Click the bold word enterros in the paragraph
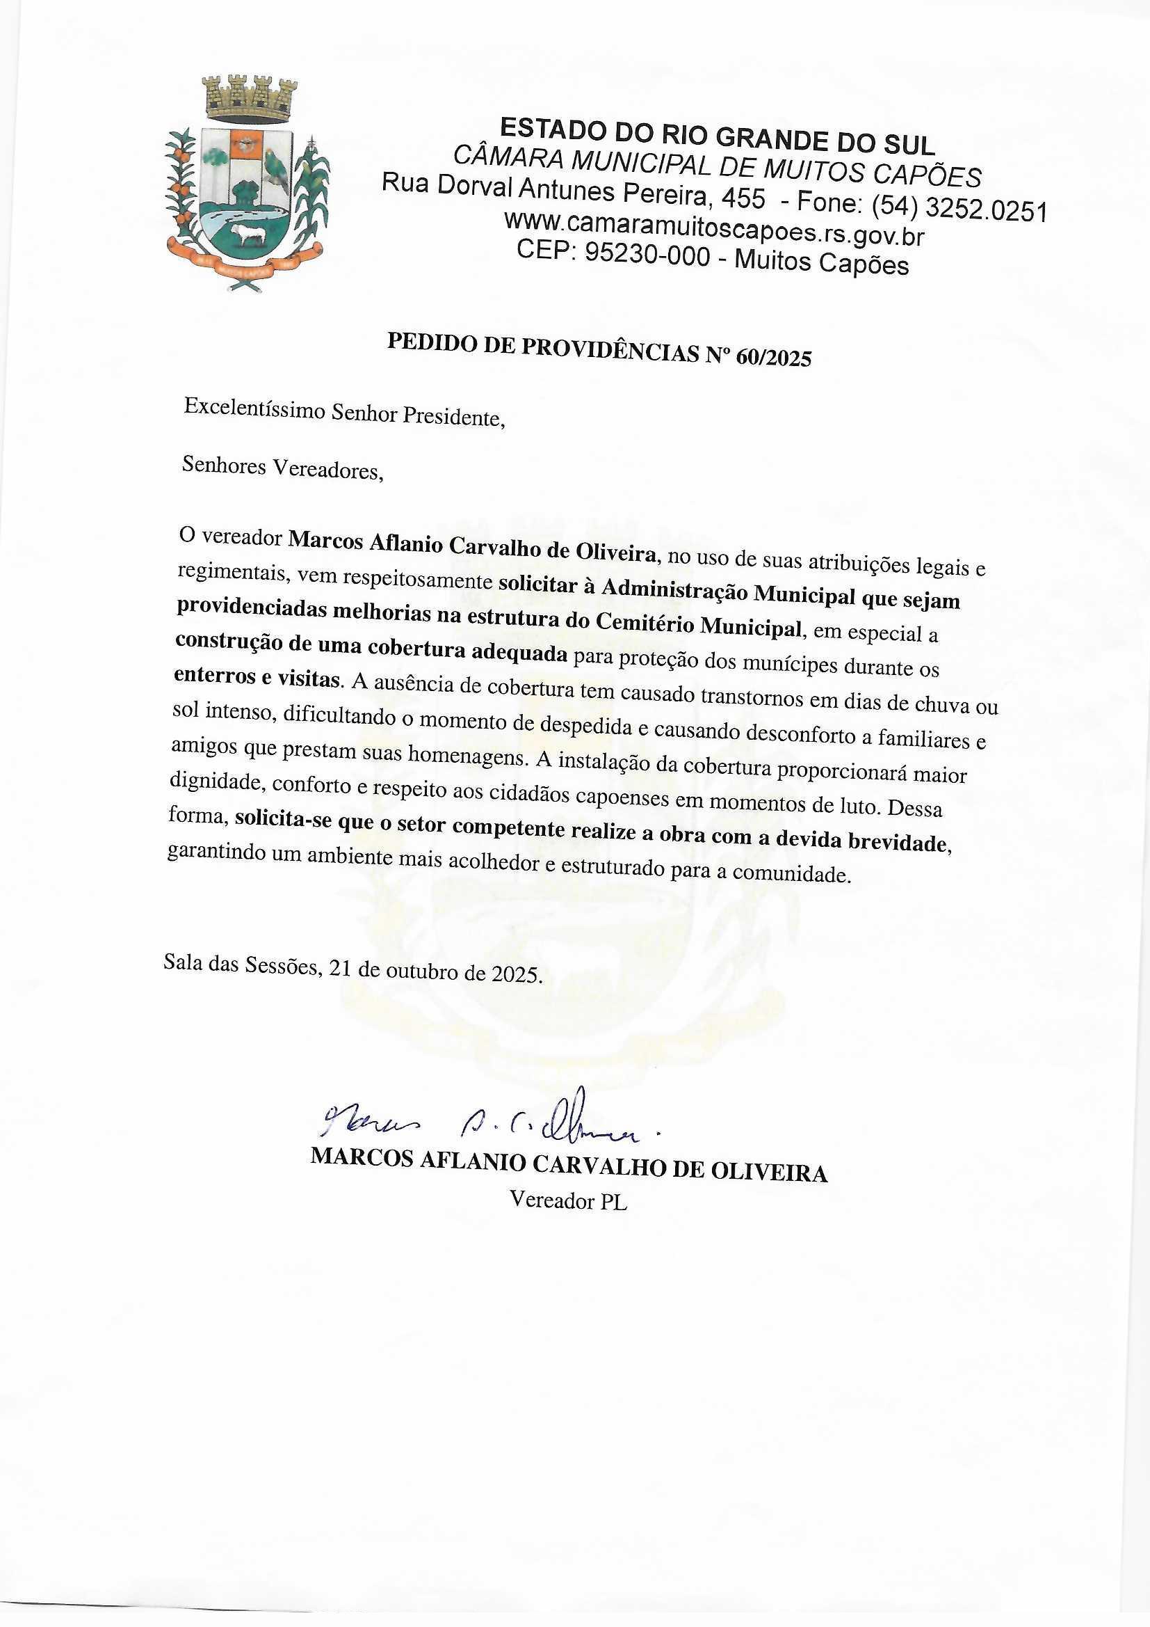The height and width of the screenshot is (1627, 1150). click(216, 675)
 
